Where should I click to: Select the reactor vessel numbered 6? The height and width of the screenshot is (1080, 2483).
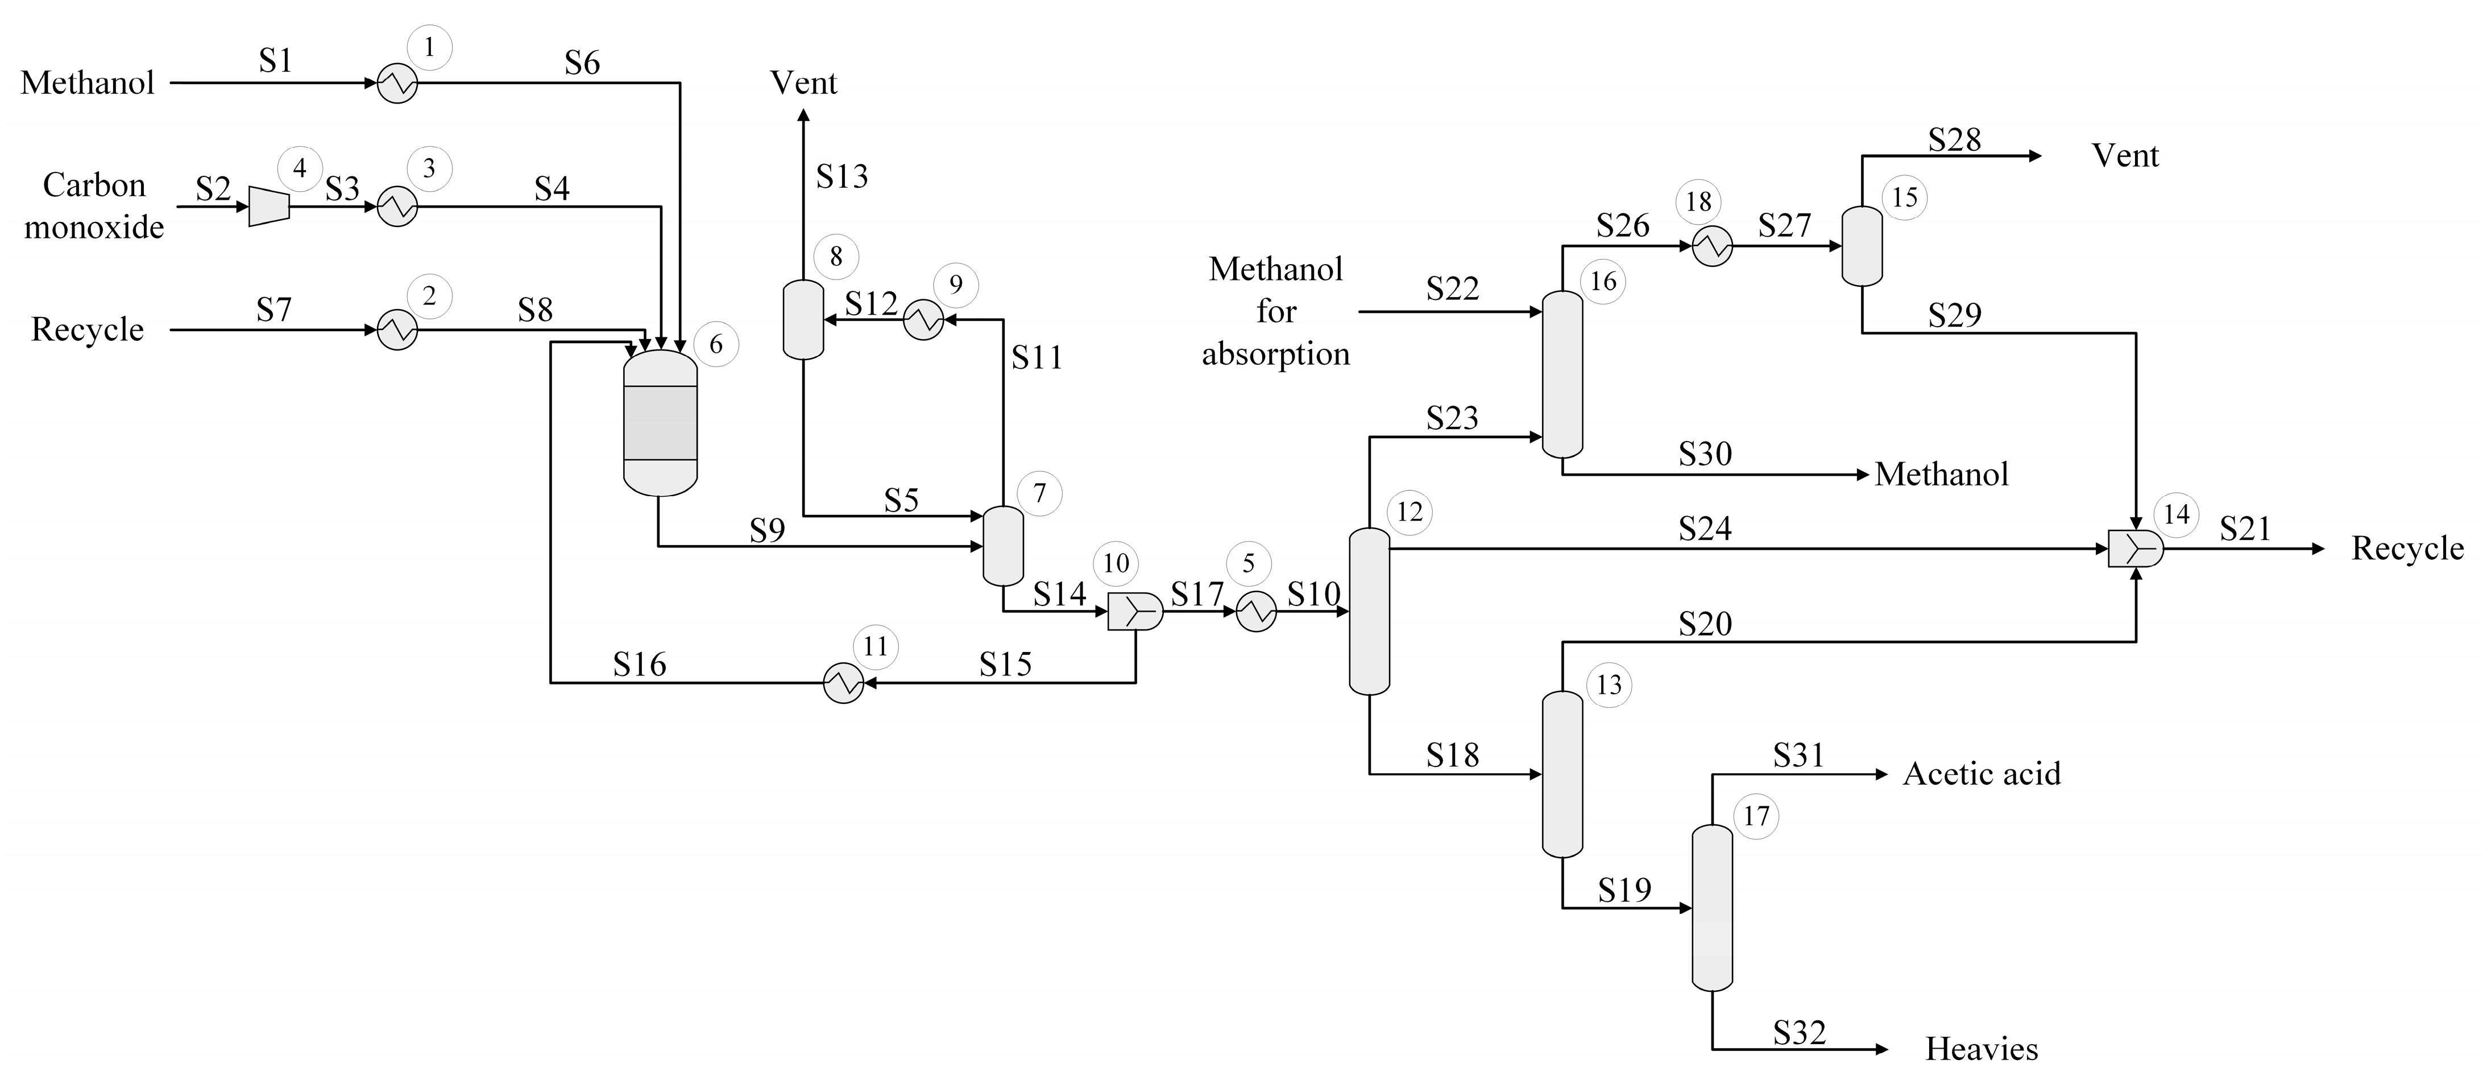pos(660,422)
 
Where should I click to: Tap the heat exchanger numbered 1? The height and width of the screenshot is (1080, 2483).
pos(396,83)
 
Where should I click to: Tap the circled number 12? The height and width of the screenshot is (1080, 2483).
pos(1409,512)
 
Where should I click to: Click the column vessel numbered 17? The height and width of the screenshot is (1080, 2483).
pos(1712,908)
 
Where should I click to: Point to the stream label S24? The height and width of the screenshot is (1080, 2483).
pos(1704,529)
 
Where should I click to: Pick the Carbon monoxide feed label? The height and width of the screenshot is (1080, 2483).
pos(93,207)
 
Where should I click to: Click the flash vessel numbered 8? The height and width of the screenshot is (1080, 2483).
pos(803,319)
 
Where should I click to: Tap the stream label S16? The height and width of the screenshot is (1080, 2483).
pos(639,665)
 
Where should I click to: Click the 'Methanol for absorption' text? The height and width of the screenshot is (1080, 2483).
pos(1275,311)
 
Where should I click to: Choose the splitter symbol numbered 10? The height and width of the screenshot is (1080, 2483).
pos(1134,611)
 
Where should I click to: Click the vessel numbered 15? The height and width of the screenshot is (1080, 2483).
pos(1862,246)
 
